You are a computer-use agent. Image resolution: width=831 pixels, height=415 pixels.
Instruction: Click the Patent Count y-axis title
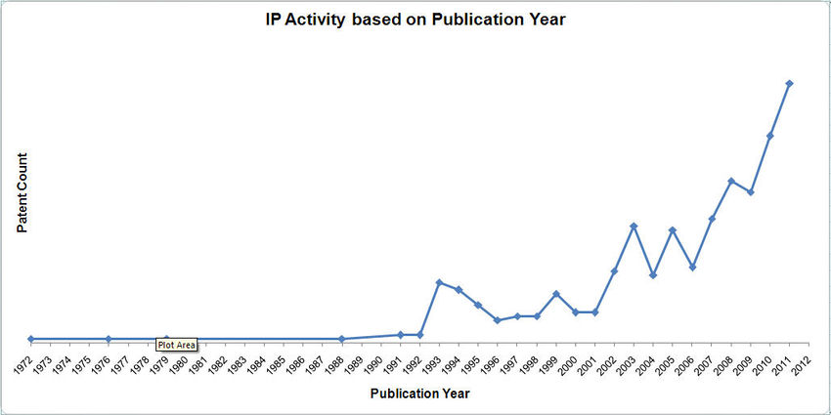tap(22, 192)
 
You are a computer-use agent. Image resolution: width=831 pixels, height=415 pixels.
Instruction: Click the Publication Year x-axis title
tap(419, 394)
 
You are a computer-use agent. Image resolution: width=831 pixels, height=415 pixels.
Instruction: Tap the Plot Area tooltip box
tap(177, 344)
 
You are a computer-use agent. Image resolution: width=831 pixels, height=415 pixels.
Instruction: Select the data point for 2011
tap(790, 83)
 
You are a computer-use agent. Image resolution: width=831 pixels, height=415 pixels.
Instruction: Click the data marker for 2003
tap(634, 226)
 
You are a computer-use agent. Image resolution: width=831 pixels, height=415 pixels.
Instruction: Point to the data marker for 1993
tap(439, 282)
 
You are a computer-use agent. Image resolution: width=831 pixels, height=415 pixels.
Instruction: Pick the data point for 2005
tap(673, 229)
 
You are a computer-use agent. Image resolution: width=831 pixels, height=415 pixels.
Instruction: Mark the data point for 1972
tap(31, 339)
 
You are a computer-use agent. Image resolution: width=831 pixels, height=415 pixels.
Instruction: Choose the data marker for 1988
tap(342, 339)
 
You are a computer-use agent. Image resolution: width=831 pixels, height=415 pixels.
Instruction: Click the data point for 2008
tap(731, 181)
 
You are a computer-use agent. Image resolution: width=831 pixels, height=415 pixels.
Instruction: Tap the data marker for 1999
tap(556, 293)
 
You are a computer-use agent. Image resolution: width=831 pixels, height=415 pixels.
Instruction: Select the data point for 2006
tap(692, 267)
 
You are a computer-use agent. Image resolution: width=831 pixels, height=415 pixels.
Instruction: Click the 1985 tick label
tap(281, 363)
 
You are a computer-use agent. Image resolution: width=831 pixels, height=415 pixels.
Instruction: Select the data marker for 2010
tap(770, 136)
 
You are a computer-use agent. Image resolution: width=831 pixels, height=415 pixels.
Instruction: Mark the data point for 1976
tap(109, 339)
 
